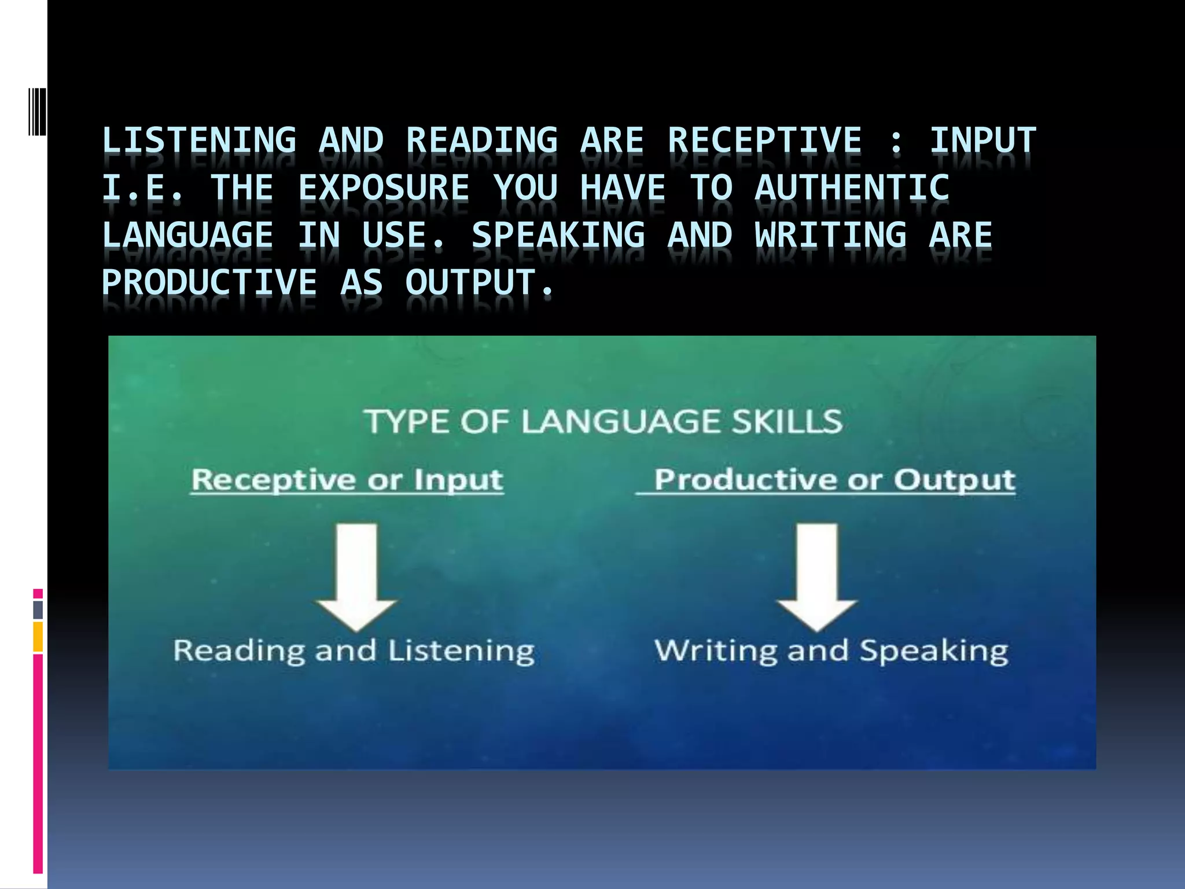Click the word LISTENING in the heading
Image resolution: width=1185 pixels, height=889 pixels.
click(x=199, y=141)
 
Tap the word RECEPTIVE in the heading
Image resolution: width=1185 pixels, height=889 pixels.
click(x=765, y=141)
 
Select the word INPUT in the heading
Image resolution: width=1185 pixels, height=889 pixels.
click(x=982, y=141)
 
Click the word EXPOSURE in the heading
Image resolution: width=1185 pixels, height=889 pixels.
click(x=384, y=188)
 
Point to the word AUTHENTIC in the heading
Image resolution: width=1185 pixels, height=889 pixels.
click(x=852, y=188)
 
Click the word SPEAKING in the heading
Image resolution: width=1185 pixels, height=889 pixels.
click(x=558, y=236)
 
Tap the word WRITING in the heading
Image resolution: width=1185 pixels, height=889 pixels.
click(x=831, y=236)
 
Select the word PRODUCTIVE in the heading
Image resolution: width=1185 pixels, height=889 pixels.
click(x=209, y=283)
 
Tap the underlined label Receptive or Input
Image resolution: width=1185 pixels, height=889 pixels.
click(x=347, y=480)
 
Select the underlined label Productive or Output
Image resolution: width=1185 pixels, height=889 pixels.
click(x=834, y=480)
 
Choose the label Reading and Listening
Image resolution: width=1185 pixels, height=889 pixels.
click(x=354, y=651)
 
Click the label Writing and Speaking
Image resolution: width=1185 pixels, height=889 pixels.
click(x=831, y=651)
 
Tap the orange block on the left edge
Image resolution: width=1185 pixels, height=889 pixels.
click(x=38, y=637)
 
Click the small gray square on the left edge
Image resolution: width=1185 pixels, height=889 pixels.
click(x=38, y=609)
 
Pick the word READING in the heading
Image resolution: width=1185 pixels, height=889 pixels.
click(x=482, y=141)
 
